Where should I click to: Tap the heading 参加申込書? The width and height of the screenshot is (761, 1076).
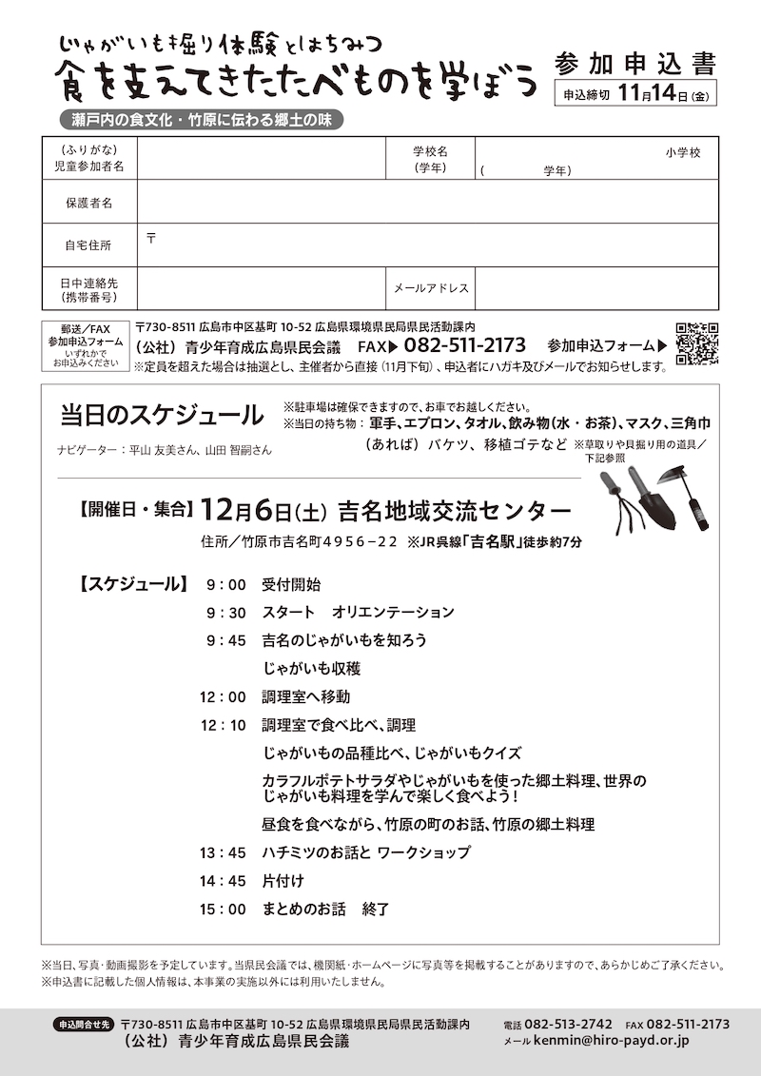(634, 64)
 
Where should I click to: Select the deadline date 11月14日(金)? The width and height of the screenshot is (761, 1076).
(664, 94)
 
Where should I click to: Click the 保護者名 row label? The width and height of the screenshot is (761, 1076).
(88, 203)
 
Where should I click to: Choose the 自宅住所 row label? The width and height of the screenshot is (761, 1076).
(88, 245)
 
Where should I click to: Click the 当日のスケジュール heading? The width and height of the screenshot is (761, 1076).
(162, 415)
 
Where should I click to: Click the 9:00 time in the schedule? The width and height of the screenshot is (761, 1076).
(225, 584)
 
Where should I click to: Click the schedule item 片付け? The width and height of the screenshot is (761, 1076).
(283, 881)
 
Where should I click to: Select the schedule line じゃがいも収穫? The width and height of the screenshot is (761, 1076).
(311, 669)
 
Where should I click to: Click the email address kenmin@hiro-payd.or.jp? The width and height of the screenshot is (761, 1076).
(615, 1042)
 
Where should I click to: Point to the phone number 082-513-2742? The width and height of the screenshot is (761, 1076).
(568, 1024)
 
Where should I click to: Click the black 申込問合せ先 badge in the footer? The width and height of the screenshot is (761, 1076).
(84, 1025)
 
